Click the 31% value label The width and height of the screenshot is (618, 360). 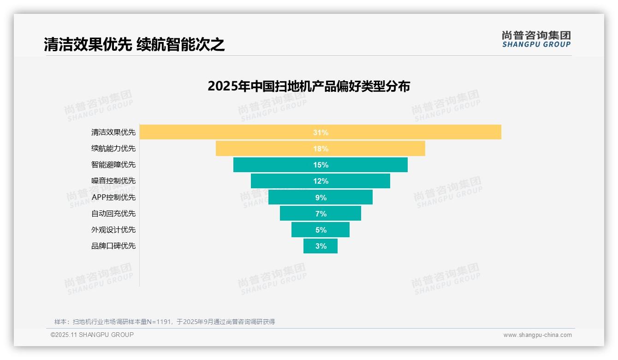pos(321,132)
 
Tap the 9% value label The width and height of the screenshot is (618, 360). pos(321,198)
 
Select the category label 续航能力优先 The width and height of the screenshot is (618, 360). pos(113,149)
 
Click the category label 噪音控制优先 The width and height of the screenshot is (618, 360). pos(113,181)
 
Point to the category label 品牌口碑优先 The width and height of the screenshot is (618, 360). pos(113,246)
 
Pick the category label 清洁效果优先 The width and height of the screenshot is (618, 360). pos(113,132)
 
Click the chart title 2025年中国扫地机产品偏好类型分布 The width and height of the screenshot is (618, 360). pos(309,86)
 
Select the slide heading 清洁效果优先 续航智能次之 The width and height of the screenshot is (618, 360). pos(134,45)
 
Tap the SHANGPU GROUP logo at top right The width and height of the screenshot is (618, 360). pos(536,39)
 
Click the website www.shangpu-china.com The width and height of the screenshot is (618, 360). pos(537,335)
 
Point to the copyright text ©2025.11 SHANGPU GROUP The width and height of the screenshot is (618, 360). pos(92,335)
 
